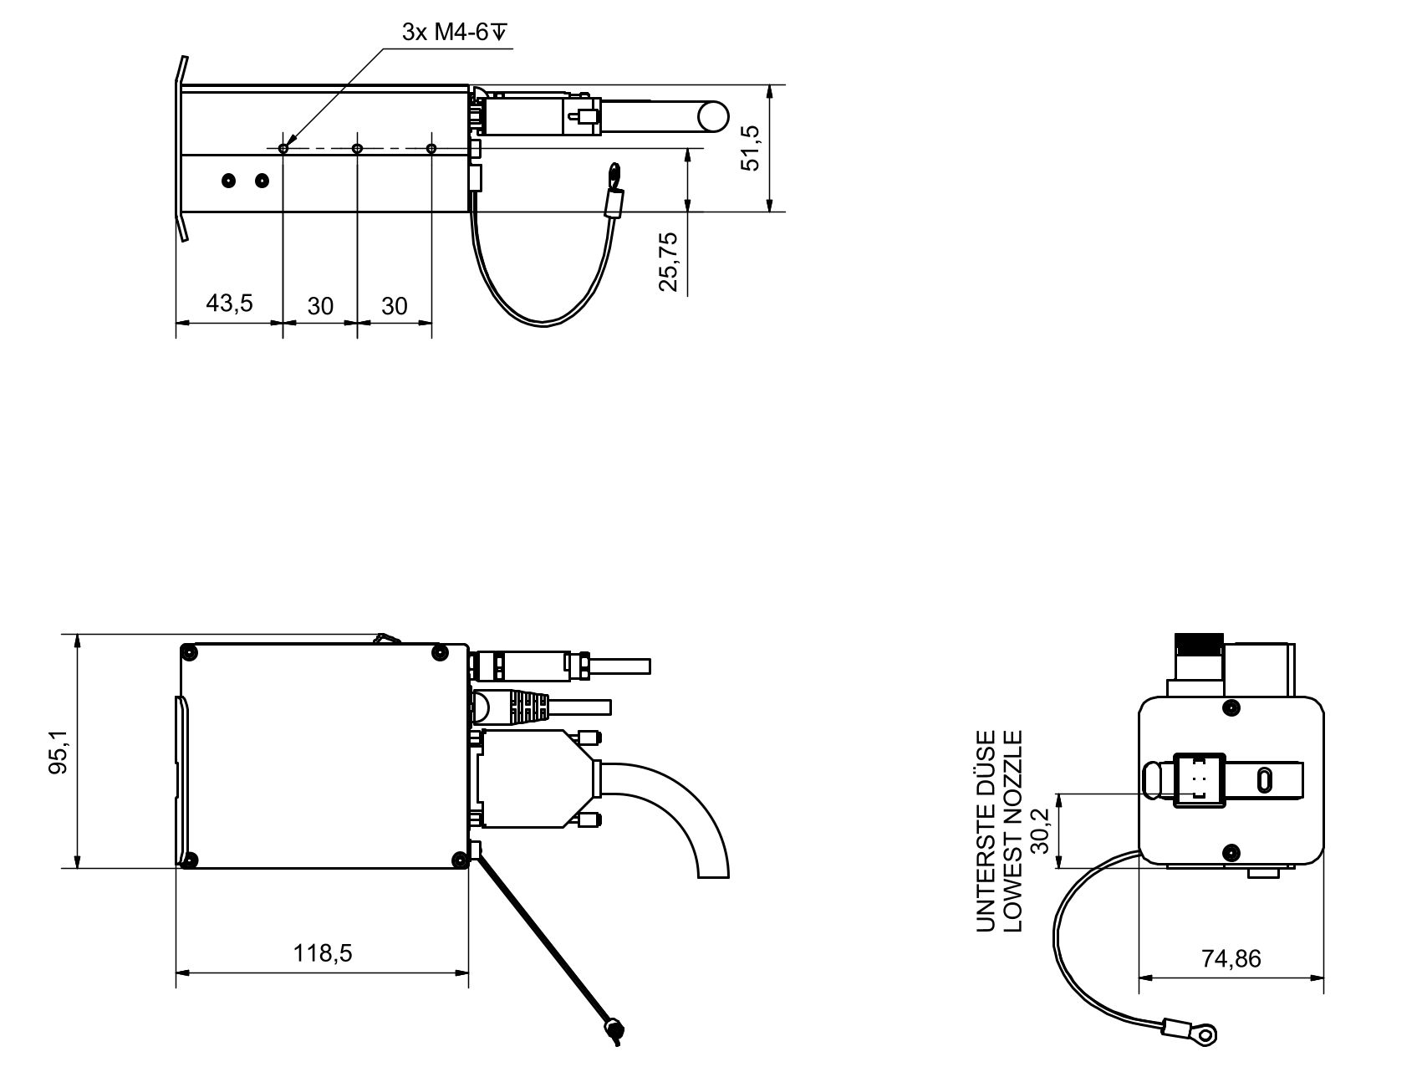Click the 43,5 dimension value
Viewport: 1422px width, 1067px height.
(229, 303)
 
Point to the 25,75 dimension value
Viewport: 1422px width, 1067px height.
(668, 261)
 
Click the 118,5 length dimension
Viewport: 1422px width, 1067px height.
(322, 952)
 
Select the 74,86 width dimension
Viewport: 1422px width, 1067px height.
(1231, 958)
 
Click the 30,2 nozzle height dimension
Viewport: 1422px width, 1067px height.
(1039, 830)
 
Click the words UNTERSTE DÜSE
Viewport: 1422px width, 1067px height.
(987, 830)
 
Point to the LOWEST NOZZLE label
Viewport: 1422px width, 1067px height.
(1012, 830)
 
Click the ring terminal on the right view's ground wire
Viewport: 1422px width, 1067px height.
(1206, 1037)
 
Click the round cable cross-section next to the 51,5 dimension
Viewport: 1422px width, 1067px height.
(713, 116)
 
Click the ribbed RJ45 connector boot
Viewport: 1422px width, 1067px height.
(529, 706)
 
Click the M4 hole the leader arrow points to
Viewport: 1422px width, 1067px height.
(283, 149)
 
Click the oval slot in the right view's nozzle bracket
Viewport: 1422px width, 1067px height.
(1263, 780)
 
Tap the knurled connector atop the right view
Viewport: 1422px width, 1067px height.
(1199, 644)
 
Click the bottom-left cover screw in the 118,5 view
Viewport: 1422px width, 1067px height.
(191, 859)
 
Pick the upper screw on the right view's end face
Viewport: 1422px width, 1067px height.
(1231, 709)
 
